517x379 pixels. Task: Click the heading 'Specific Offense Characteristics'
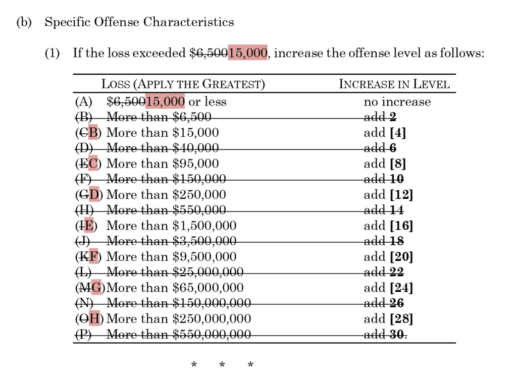(x=139, y=22)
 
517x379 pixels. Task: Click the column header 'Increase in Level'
(x=394, y=84)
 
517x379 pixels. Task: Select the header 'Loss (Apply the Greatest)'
(x=183, y=84)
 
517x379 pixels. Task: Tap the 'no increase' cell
(x=397, y=102)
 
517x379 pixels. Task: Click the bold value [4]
(x=397, y=133)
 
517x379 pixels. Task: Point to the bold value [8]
(x=397, y=164)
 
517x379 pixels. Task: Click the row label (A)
(x=84, y=102)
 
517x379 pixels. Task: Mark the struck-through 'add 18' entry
(x=384, y=241)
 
